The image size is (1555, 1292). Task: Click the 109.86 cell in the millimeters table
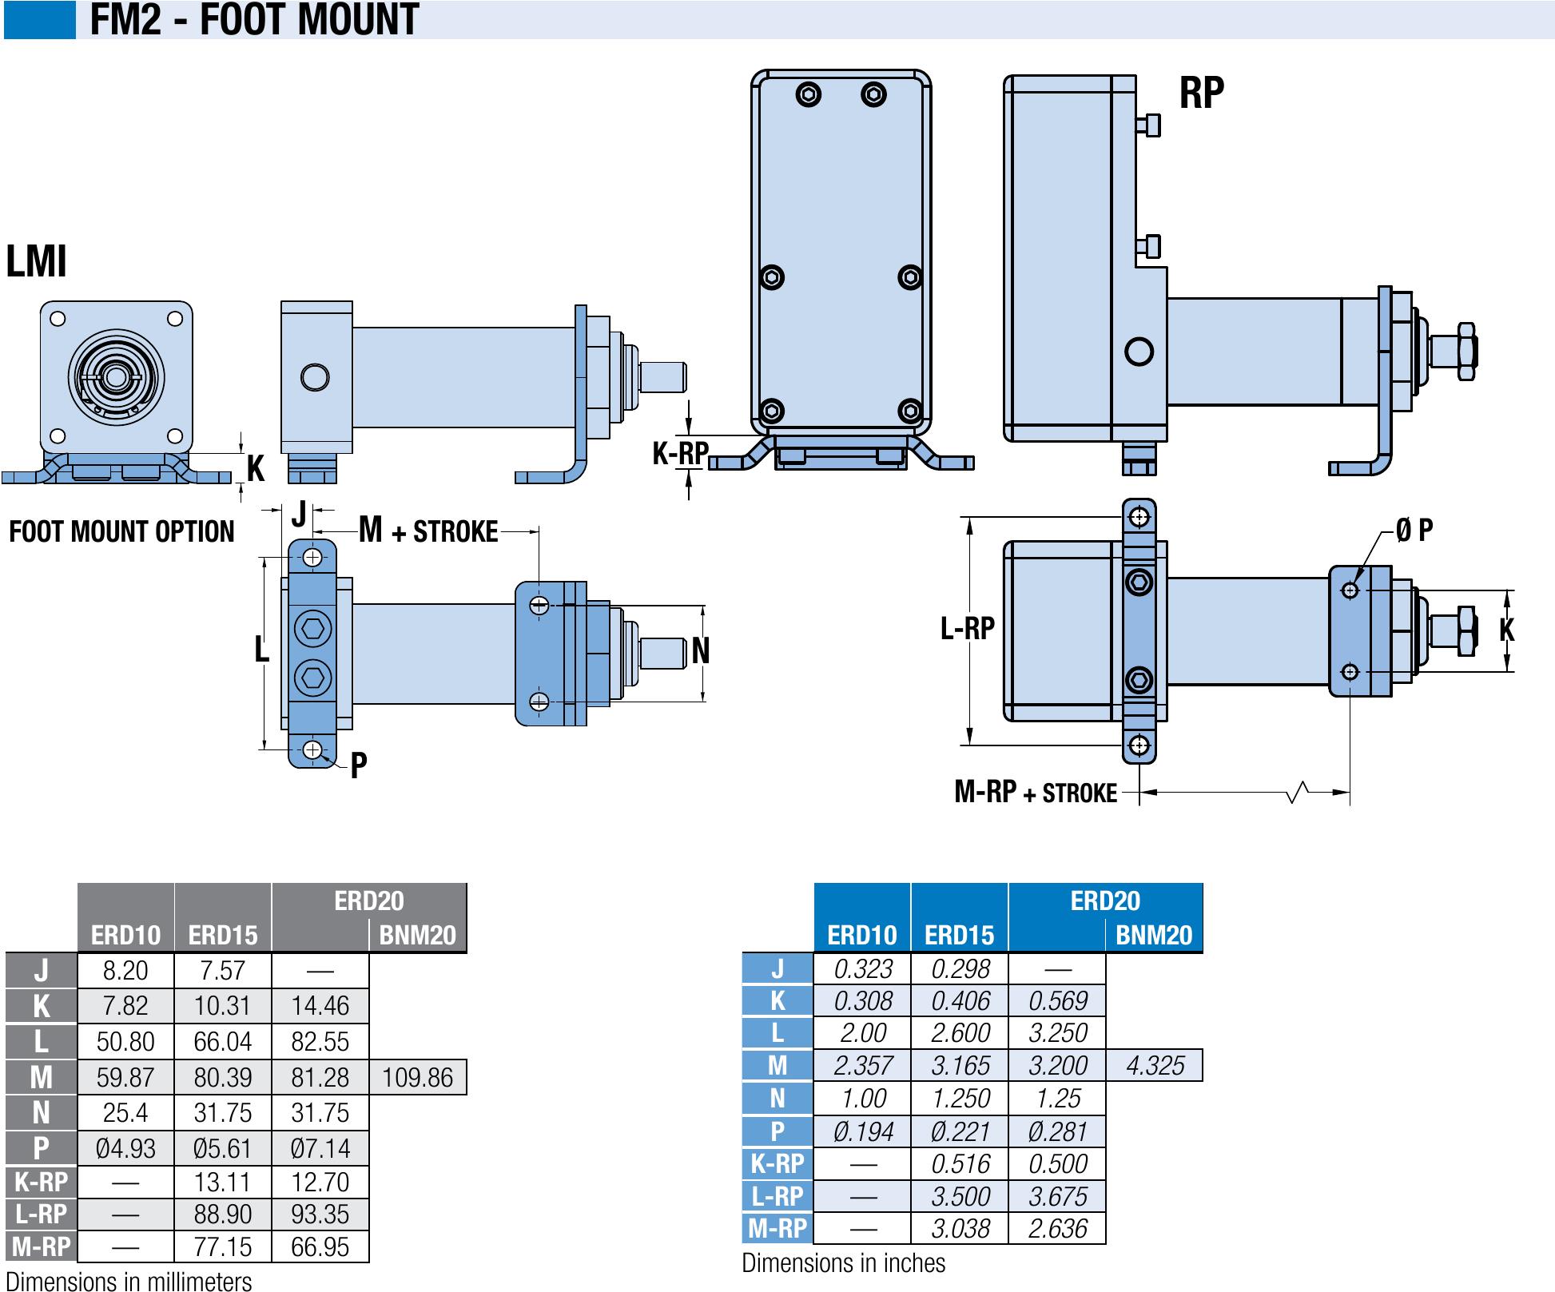pos(417,1078)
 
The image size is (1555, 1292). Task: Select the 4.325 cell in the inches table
pos(1155,1066)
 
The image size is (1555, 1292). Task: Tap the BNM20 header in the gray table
pos(417,936)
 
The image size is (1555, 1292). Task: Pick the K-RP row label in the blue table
pos(777,1164)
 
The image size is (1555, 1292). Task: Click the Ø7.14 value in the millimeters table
pos(320,1149)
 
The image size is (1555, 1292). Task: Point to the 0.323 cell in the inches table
pos(862,969)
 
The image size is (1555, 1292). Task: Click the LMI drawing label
pos(37,261)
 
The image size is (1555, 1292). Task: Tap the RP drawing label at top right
pos(1201,93)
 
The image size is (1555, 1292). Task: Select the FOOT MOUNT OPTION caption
pos(121,532)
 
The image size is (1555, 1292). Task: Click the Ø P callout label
pos(1414,530)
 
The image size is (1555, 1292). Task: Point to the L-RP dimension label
pos(967,629)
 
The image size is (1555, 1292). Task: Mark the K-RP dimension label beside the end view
pos(680,454)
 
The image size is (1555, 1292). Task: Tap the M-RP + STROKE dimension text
pos(1036,793)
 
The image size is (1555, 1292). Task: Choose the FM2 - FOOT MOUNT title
pos(254,20)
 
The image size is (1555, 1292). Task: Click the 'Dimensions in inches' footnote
pos(843,1263)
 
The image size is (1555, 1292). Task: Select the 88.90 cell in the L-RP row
pos(222,1214)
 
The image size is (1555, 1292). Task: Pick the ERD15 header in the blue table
pos(959,935)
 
